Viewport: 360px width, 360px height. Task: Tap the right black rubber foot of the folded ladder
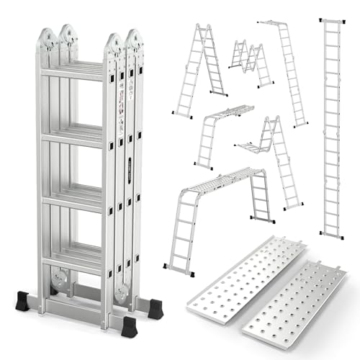[129, 326]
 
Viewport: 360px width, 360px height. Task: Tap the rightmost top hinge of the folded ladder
[132, 40]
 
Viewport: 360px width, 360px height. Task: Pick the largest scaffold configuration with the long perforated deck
[216, 216]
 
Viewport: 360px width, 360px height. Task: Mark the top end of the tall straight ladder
[332, 21]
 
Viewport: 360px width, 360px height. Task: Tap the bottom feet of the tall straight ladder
[332, 235]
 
